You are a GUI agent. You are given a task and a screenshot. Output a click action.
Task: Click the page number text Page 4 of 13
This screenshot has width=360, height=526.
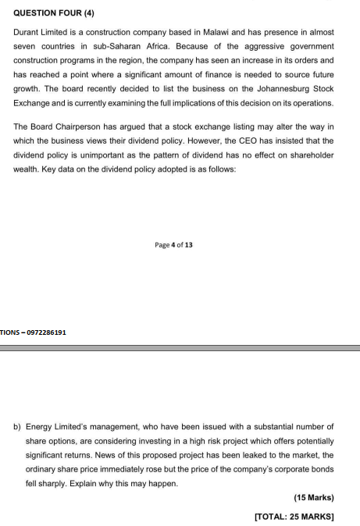pos(174,245)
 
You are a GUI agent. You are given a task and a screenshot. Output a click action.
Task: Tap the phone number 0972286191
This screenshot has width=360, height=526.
pos(46,332)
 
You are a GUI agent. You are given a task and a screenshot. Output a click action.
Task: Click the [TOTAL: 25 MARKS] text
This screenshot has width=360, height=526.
pos(294,516)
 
